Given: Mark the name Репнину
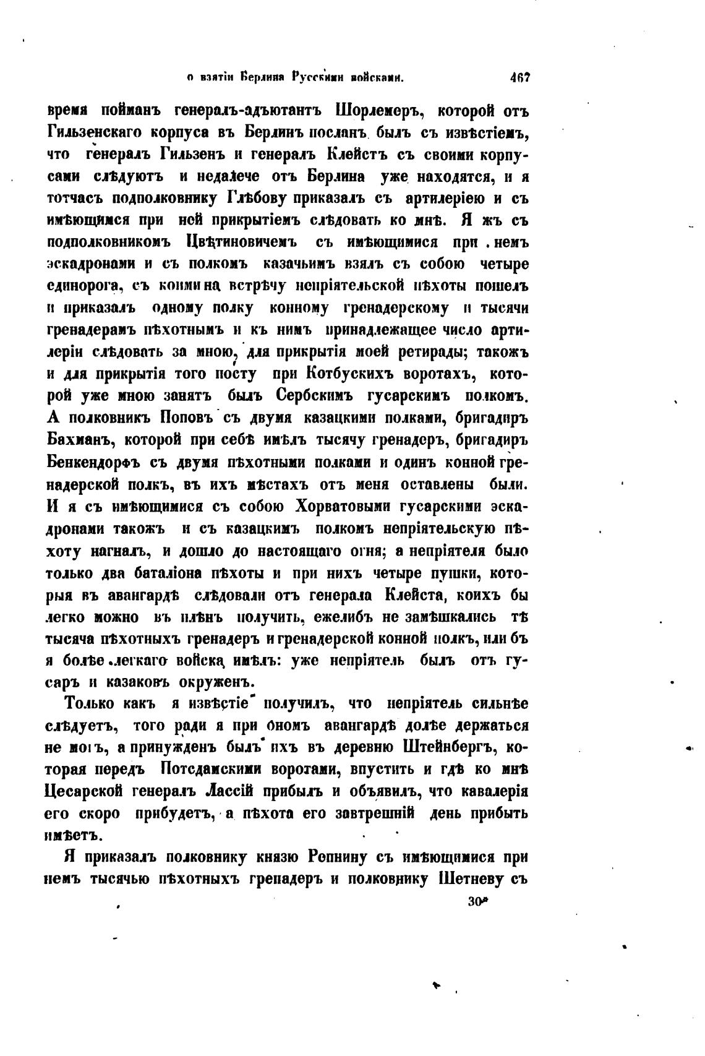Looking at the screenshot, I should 351,857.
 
